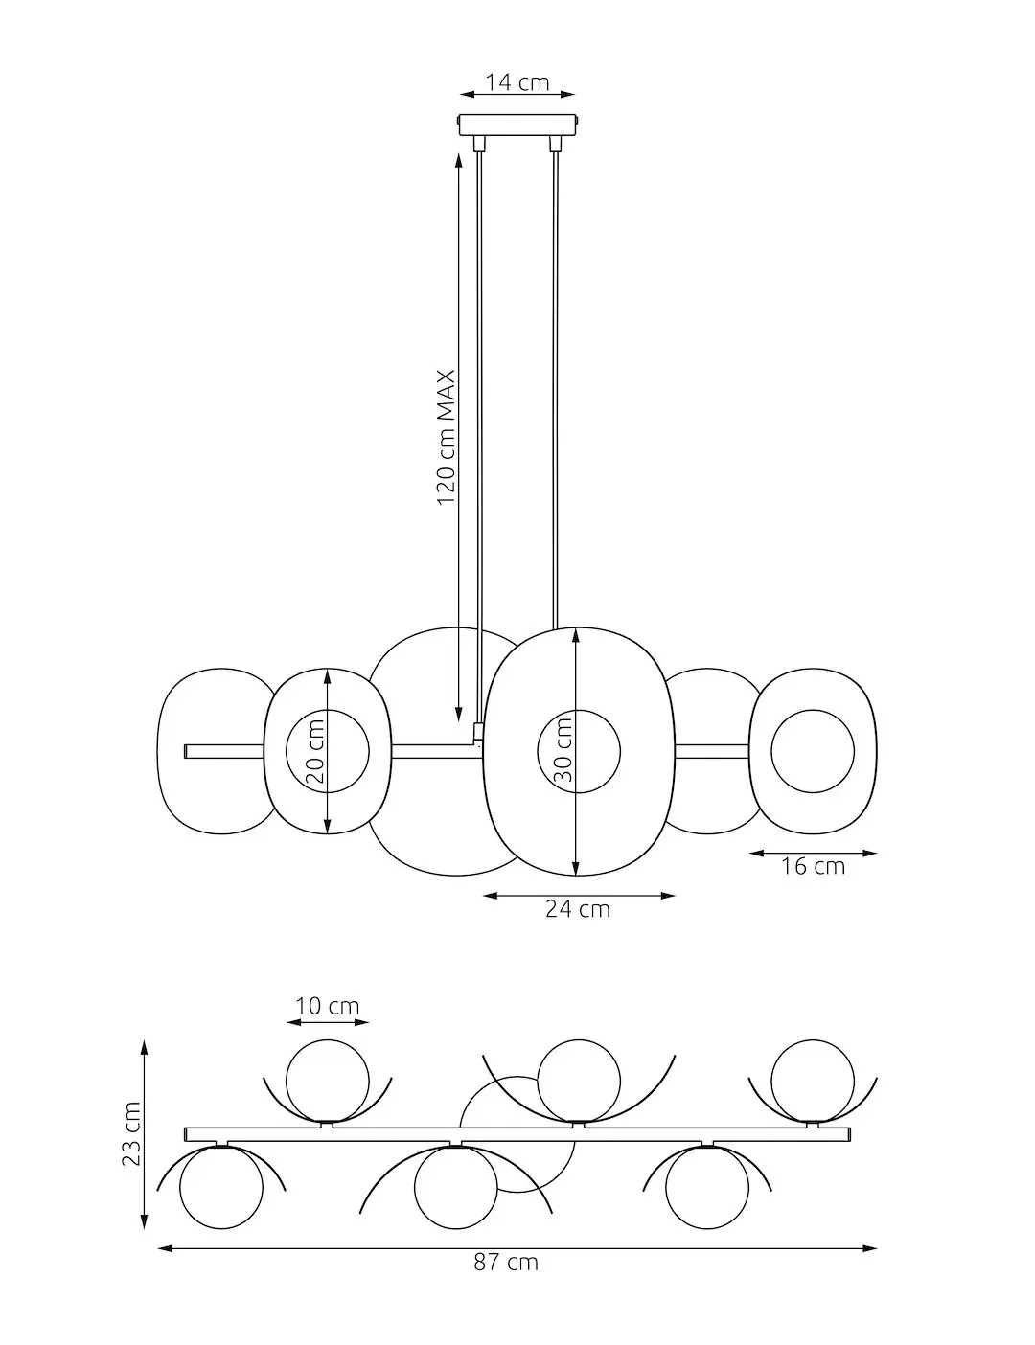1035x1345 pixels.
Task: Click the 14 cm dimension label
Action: pos(517,82)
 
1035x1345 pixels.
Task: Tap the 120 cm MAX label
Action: pos(446,438)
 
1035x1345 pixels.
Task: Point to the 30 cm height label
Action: pos(563,750)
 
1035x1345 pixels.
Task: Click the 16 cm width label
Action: pos(813,866)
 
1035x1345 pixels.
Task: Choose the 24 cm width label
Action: pos(578,909)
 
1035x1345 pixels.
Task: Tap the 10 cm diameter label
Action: pos(328,1006)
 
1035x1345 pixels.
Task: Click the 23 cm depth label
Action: pos(131,1134)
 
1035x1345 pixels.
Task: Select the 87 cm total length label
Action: pos(506,1263)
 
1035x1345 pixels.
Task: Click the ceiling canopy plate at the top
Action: pos(518,125)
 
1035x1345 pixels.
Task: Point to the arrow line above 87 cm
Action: pos(517,1248)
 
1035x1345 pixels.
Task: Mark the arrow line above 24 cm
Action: pos(579,896)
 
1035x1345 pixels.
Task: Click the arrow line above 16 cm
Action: pos(813,852)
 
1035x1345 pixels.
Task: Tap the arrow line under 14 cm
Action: pos(517,95)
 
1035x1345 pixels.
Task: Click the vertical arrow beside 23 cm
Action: pos(146,1136)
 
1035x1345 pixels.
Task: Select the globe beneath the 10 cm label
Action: pos(327,1080)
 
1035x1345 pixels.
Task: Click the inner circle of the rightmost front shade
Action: pos(812,750)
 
